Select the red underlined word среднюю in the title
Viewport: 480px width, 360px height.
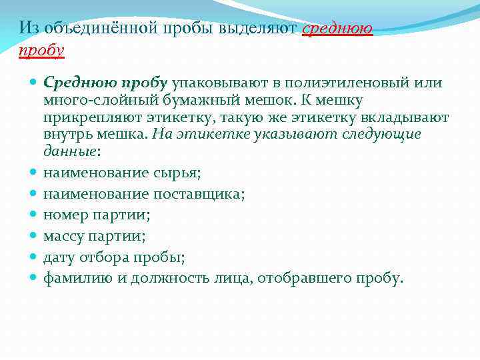pos(337,28)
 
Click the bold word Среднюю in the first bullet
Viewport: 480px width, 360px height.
pos(72,83)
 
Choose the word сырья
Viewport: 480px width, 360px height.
pos(177,173)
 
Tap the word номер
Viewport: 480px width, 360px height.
pos(63,215)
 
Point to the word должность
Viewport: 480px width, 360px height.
pos(166,278)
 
